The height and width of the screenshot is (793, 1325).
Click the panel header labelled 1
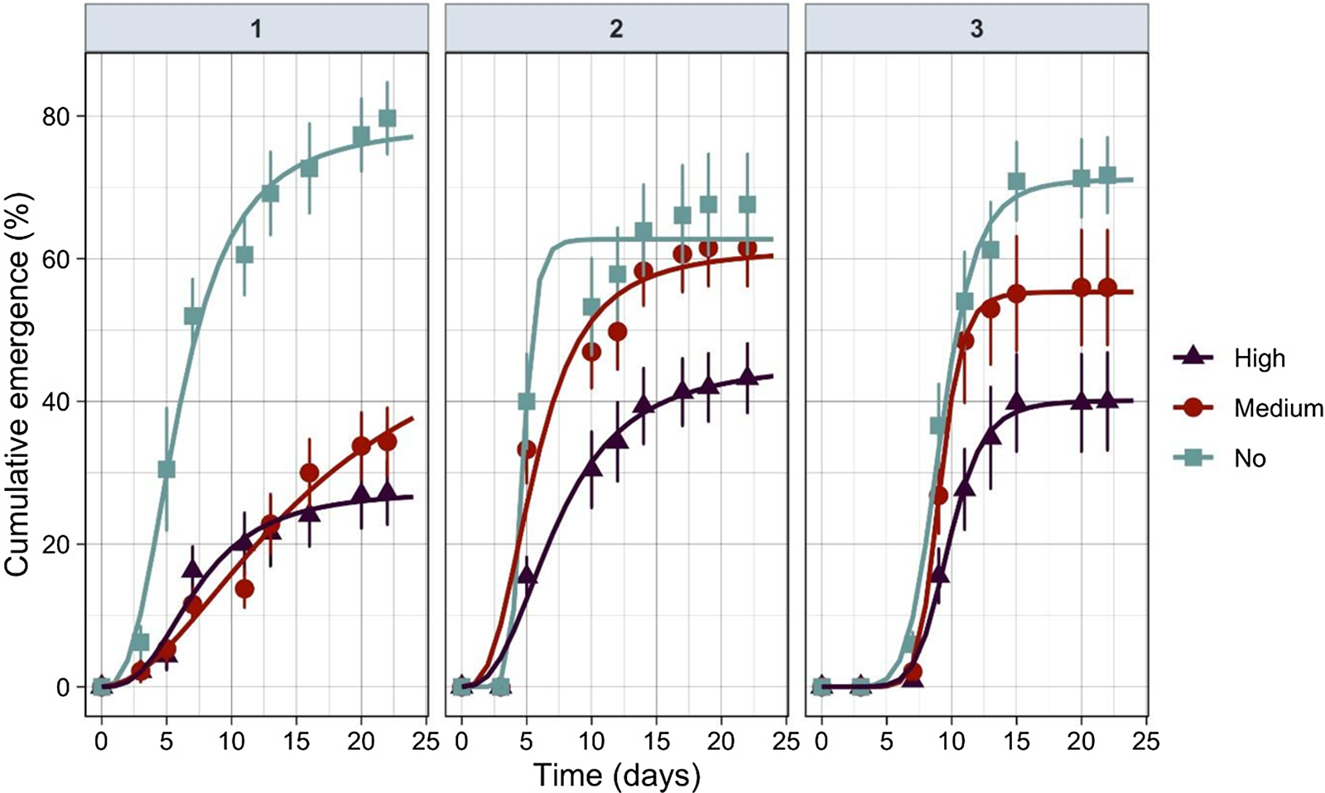(x=257, y=30)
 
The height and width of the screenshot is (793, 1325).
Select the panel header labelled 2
(x=616, y=30)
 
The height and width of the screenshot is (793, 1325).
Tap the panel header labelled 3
(x=976, y=30)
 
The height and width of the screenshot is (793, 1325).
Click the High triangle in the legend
(x=1193, y=357)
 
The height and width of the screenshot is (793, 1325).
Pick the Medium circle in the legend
(x=1193, y=408)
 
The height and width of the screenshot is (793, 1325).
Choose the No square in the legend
(x=1193, y=459)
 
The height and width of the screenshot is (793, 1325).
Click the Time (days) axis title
(x=616, y=775)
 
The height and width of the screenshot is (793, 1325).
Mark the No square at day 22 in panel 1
(x=387, y=118)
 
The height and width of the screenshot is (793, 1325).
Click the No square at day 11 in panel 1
(x=244, y=254)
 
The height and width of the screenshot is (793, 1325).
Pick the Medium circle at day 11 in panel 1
(x=244, y=589)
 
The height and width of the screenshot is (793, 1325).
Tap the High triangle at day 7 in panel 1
(x=192, y=570)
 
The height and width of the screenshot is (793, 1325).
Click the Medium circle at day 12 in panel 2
(x=617, y=332)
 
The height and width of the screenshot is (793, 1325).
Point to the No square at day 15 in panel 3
(x=1016, y=181)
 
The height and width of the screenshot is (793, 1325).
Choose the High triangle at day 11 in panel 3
(x=964, y=488)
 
